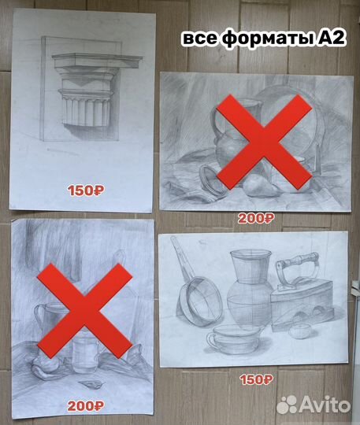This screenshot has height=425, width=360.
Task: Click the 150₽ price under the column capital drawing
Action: click(85, 189)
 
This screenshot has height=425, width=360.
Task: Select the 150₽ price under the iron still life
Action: click(256, 379)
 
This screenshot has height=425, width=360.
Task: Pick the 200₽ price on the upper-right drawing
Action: click(255, 218)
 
